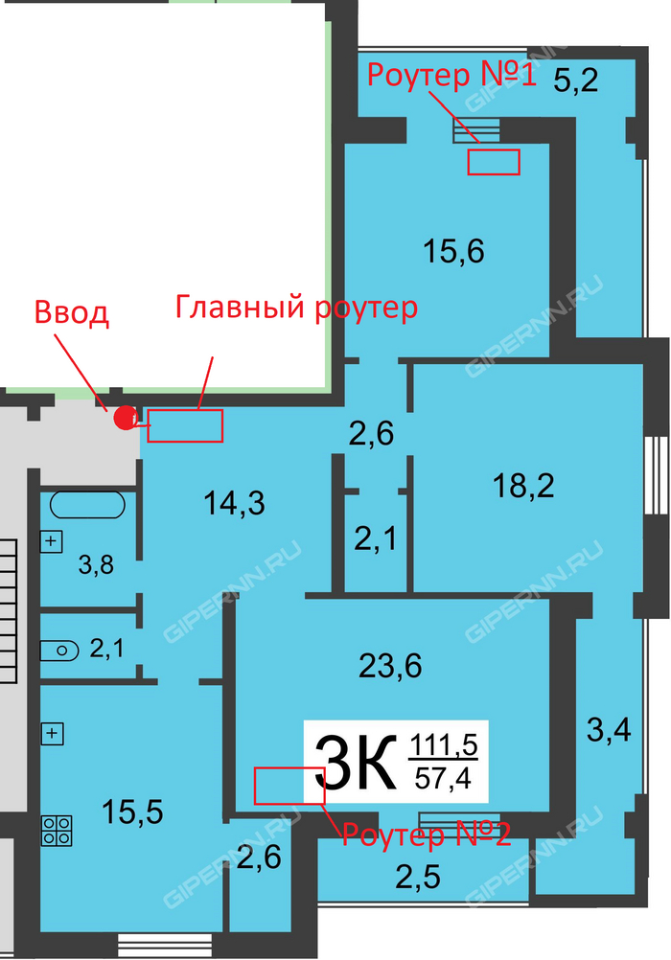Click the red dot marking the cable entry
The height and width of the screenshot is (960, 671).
(126, 418)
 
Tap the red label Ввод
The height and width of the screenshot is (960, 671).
(72, 313)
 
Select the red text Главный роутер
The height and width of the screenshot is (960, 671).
(296, 308)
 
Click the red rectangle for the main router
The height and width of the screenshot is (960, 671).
(184, 425)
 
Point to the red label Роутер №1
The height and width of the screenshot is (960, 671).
(452, 75)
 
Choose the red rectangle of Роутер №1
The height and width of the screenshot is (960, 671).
(494, 162)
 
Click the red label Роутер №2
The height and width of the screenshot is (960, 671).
(427, 834)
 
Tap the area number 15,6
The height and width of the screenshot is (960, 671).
(453, 252)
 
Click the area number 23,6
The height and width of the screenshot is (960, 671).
(390, 666)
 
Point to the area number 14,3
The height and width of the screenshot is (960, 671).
(234, 504)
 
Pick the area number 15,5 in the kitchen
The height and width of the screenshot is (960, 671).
(132, 812)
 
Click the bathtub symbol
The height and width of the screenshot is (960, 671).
(87, 505)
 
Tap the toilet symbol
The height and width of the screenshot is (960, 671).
(59, 651)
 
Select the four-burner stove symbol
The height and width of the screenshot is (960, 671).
(57, 831)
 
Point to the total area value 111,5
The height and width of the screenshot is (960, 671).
(443, 745)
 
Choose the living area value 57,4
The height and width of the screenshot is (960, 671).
(443, 778)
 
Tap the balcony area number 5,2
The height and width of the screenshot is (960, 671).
(575, 80)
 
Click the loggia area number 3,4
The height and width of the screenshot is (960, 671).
(609, 730)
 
